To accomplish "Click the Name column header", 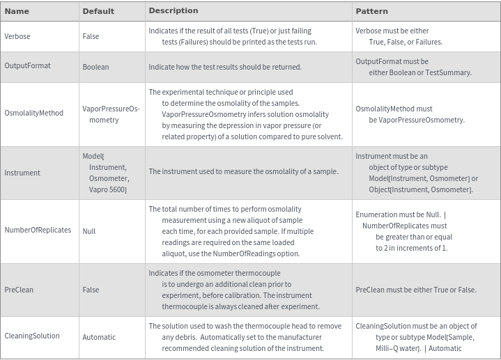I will point(17,11).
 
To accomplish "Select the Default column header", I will point(98,11).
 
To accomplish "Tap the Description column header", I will point(174,10).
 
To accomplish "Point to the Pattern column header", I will point(371,11).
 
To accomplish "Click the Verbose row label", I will point(17,36).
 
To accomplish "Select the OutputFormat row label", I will point(28,66).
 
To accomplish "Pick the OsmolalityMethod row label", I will point(33,113).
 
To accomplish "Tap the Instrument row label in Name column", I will point(22,173).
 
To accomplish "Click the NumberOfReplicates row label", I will point(38,230).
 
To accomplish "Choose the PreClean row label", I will point(19,290).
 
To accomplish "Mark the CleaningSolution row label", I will point(32,336).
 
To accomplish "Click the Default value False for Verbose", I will point(91,36).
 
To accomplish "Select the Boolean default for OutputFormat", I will point(95,67).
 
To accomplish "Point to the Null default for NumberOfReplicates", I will point(89,231).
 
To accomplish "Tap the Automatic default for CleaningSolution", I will point(99,337).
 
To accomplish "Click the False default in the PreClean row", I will point(91,290).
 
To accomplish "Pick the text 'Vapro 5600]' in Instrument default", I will point(108,189).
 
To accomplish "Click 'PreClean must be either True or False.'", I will point(416,290).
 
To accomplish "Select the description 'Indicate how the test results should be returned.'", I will point(225,67).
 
